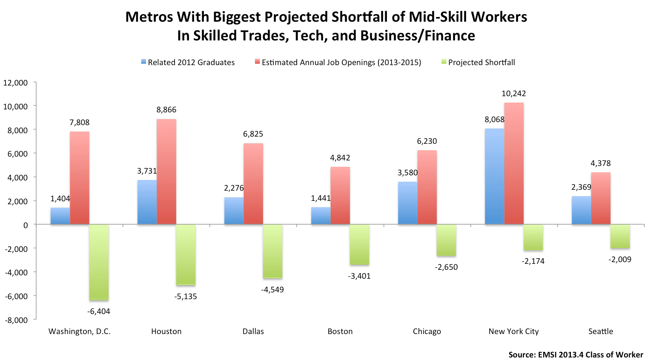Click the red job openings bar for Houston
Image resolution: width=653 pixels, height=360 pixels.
[166, 171]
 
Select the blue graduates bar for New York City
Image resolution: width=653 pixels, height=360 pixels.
[494, 176]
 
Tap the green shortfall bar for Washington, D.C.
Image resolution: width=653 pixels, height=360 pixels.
[99, 262]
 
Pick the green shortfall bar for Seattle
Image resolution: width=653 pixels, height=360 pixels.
[620, 236]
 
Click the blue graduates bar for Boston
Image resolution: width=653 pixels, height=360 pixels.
[321, 216]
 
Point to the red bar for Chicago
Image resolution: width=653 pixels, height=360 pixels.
[427, 187]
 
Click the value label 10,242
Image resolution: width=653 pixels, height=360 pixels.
[513, 94]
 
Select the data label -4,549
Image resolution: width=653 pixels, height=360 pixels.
[272, 290]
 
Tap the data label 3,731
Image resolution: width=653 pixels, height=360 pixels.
[147, 171]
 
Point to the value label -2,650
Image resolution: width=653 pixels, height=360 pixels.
[446, 267]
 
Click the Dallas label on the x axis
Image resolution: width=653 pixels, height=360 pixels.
[253, 331]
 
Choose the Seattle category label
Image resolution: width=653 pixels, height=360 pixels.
[601, 331]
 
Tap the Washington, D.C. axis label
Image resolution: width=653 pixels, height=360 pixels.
[80, 331]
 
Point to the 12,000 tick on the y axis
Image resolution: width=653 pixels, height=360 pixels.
[16, 83]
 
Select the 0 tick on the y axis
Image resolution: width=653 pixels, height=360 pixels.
[26, 225]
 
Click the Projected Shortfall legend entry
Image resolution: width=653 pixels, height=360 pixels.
[481, 63]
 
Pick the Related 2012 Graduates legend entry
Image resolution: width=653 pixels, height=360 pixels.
[191, 63]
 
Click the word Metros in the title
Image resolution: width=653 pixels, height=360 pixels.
[149, 17]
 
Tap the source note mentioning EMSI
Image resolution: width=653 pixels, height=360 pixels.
[576, 354]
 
